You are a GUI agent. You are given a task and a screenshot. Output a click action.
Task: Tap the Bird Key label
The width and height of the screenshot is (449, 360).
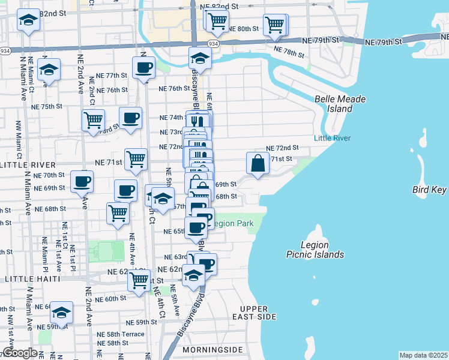click(x=430, y=190)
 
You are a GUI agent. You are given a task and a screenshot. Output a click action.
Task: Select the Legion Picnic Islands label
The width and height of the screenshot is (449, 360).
click(x=315, y=250)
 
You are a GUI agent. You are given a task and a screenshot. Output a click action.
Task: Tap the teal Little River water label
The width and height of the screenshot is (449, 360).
click(x=332, y=138)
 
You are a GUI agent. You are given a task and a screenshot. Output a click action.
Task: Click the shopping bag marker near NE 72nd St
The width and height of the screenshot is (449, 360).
click(x=258, y=163)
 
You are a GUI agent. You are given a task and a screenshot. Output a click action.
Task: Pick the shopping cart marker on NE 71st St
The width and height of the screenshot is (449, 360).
click(x=136, y=159)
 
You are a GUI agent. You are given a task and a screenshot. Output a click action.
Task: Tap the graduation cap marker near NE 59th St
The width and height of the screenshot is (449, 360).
click(x=61, y=312)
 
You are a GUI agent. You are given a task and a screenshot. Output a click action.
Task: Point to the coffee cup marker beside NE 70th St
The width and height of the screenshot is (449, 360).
click(x=82, y=180)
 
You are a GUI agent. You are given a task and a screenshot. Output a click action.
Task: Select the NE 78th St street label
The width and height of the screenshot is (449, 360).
click(x=288, y=52)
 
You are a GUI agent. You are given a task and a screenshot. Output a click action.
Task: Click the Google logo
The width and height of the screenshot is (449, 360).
click(x=20, y=353)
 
